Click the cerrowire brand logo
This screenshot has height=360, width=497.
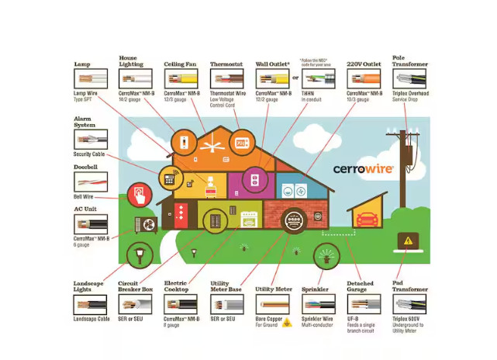click(363, 168)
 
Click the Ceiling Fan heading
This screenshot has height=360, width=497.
click(180, 64)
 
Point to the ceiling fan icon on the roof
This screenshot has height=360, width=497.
click(209, 144)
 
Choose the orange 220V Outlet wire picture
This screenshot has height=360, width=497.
click(364, 78)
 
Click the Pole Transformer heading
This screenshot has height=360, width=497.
click(409, 61)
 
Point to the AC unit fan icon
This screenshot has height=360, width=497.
click(146, 224)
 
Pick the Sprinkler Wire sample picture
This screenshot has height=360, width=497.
click(318, 303)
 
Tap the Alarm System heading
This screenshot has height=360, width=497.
click(85, 122)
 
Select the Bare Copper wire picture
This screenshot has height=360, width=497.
click(272, 303)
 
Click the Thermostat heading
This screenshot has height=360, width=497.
click(227, 64)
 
